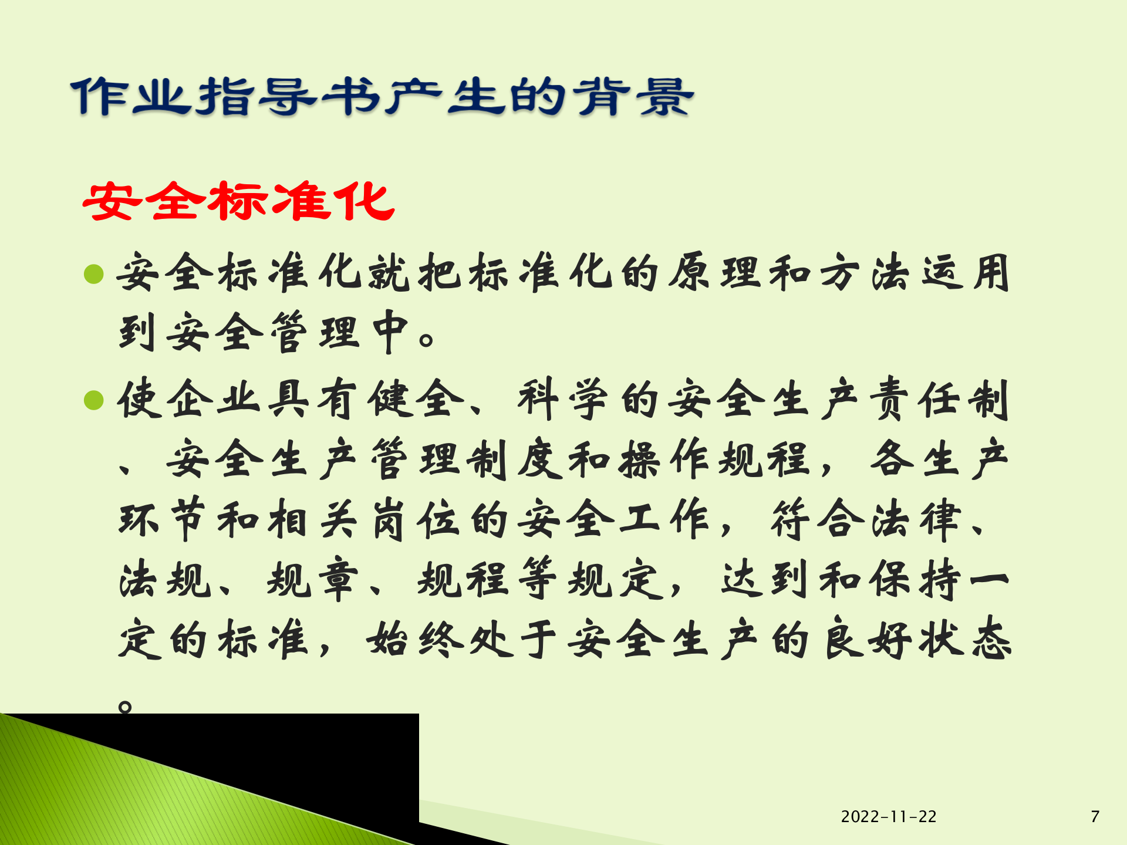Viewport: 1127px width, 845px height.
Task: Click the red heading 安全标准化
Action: tap(238, 201)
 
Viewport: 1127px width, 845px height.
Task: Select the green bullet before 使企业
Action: tap(94, 400)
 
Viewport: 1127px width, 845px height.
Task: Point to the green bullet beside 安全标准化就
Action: tap(94, 273)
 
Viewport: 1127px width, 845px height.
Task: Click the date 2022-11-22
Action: tap(888, 816)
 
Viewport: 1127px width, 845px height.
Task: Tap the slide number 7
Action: tap(1095, 816)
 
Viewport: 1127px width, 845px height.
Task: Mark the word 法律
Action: tap(917, 520)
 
